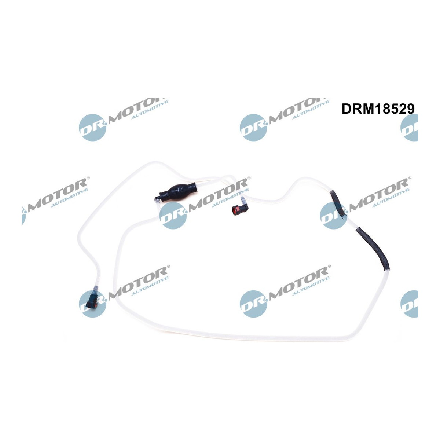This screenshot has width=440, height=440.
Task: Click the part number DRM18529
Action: click(x=378, y=109)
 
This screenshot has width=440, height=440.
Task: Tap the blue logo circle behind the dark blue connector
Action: click(x=92, y=304)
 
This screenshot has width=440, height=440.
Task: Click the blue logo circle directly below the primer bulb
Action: click(x=173, y=216)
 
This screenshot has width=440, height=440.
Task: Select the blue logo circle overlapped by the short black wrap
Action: click(x=334, y=216)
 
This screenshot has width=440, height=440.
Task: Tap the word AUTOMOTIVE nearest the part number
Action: click(x=311, y=109)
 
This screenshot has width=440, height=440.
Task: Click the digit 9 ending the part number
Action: click(x=410, y=109)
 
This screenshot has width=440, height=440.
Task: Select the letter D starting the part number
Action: click(x=346, y=109)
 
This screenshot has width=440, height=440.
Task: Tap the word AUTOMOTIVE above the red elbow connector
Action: click(x=230, y=197)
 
